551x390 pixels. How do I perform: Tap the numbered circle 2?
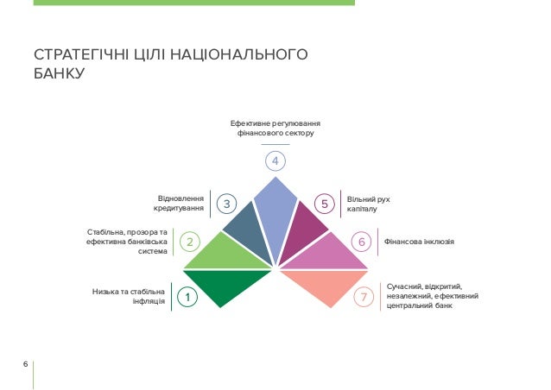coord(190,242)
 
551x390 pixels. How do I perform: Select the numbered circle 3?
coord(226,204)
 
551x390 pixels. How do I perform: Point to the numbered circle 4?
coord(275,161)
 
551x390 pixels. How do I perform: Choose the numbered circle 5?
coord(324,204)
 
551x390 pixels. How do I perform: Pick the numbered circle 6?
coord(362,242)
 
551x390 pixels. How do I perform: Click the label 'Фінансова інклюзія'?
coord(419,242)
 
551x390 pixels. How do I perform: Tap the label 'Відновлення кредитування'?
coord(180,204)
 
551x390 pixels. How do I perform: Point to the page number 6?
coord(26,364)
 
